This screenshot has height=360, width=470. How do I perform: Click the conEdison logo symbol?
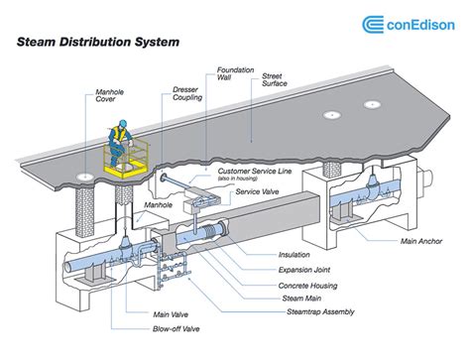tap(373, 25)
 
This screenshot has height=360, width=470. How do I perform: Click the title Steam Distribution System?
tap(98, 42)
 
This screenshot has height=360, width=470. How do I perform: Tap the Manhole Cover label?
tap(110, 95)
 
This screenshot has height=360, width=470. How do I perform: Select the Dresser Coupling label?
tap(187, 93)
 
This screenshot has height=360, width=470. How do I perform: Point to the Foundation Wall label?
tap(235, 73)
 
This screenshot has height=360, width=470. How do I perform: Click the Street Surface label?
tap(275, 79)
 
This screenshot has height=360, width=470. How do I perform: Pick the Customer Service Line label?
tap(255, 172)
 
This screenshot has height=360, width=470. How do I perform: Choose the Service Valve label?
tap(257, 191)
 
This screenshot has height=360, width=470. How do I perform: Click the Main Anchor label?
tap(421, 241)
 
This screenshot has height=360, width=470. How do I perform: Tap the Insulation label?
tap(294, 255)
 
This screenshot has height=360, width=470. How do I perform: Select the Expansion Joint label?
tap(304, 270)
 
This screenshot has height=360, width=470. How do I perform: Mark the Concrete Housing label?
tap(307, 286)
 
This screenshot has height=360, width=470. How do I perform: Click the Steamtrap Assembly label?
tap(320, 311)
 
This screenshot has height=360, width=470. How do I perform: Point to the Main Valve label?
tap(171, 314)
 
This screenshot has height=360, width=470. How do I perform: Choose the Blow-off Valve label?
tap(176, 329)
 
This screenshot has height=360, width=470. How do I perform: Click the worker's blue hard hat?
tap(123, 123)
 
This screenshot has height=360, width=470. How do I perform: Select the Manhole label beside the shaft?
tap(158, 205)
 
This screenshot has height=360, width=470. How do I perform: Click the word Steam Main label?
tap(301, 299)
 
